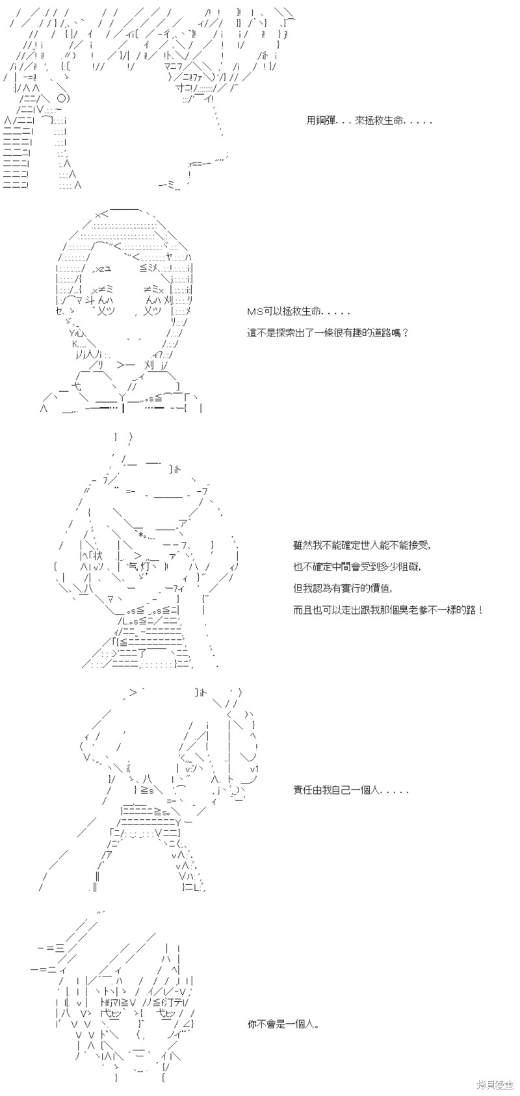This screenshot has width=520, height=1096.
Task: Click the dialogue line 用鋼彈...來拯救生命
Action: (x=369, y=120)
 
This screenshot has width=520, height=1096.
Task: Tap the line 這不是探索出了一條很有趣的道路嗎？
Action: (x=328, y=333)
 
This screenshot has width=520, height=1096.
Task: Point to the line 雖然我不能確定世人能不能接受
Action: (x=363, y=544)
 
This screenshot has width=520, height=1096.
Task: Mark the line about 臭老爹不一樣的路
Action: (x=389, y=609)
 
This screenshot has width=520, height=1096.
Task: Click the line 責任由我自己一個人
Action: (x=351, y=790)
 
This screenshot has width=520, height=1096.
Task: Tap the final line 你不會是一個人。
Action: (x=283, y=1024)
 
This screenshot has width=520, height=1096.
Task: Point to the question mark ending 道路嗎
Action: (x=404, y=333)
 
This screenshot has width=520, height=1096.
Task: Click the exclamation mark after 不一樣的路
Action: (x=481, y=609)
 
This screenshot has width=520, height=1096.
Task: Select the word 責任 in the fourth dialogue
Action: (x=303, y=790)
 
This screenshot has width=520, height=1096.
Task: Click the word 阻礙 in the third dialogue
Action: (x=410, y=566)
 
